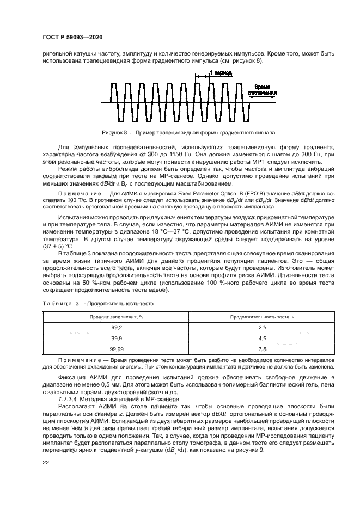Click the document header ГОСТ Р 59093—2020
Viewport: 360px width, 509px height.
coord(72,36)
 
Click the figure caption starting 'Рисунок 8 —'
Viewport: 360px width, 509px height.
coord(188,132)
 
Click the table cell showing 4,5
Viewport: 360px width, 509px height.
coord(261,338)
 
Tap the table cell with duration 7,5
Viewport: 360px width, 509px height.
coord(261,349)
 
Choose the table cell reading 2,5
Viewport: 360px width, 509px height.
coord(261,326)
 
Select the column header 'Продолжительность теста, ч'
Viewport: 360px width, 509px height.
coord(261,316)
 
